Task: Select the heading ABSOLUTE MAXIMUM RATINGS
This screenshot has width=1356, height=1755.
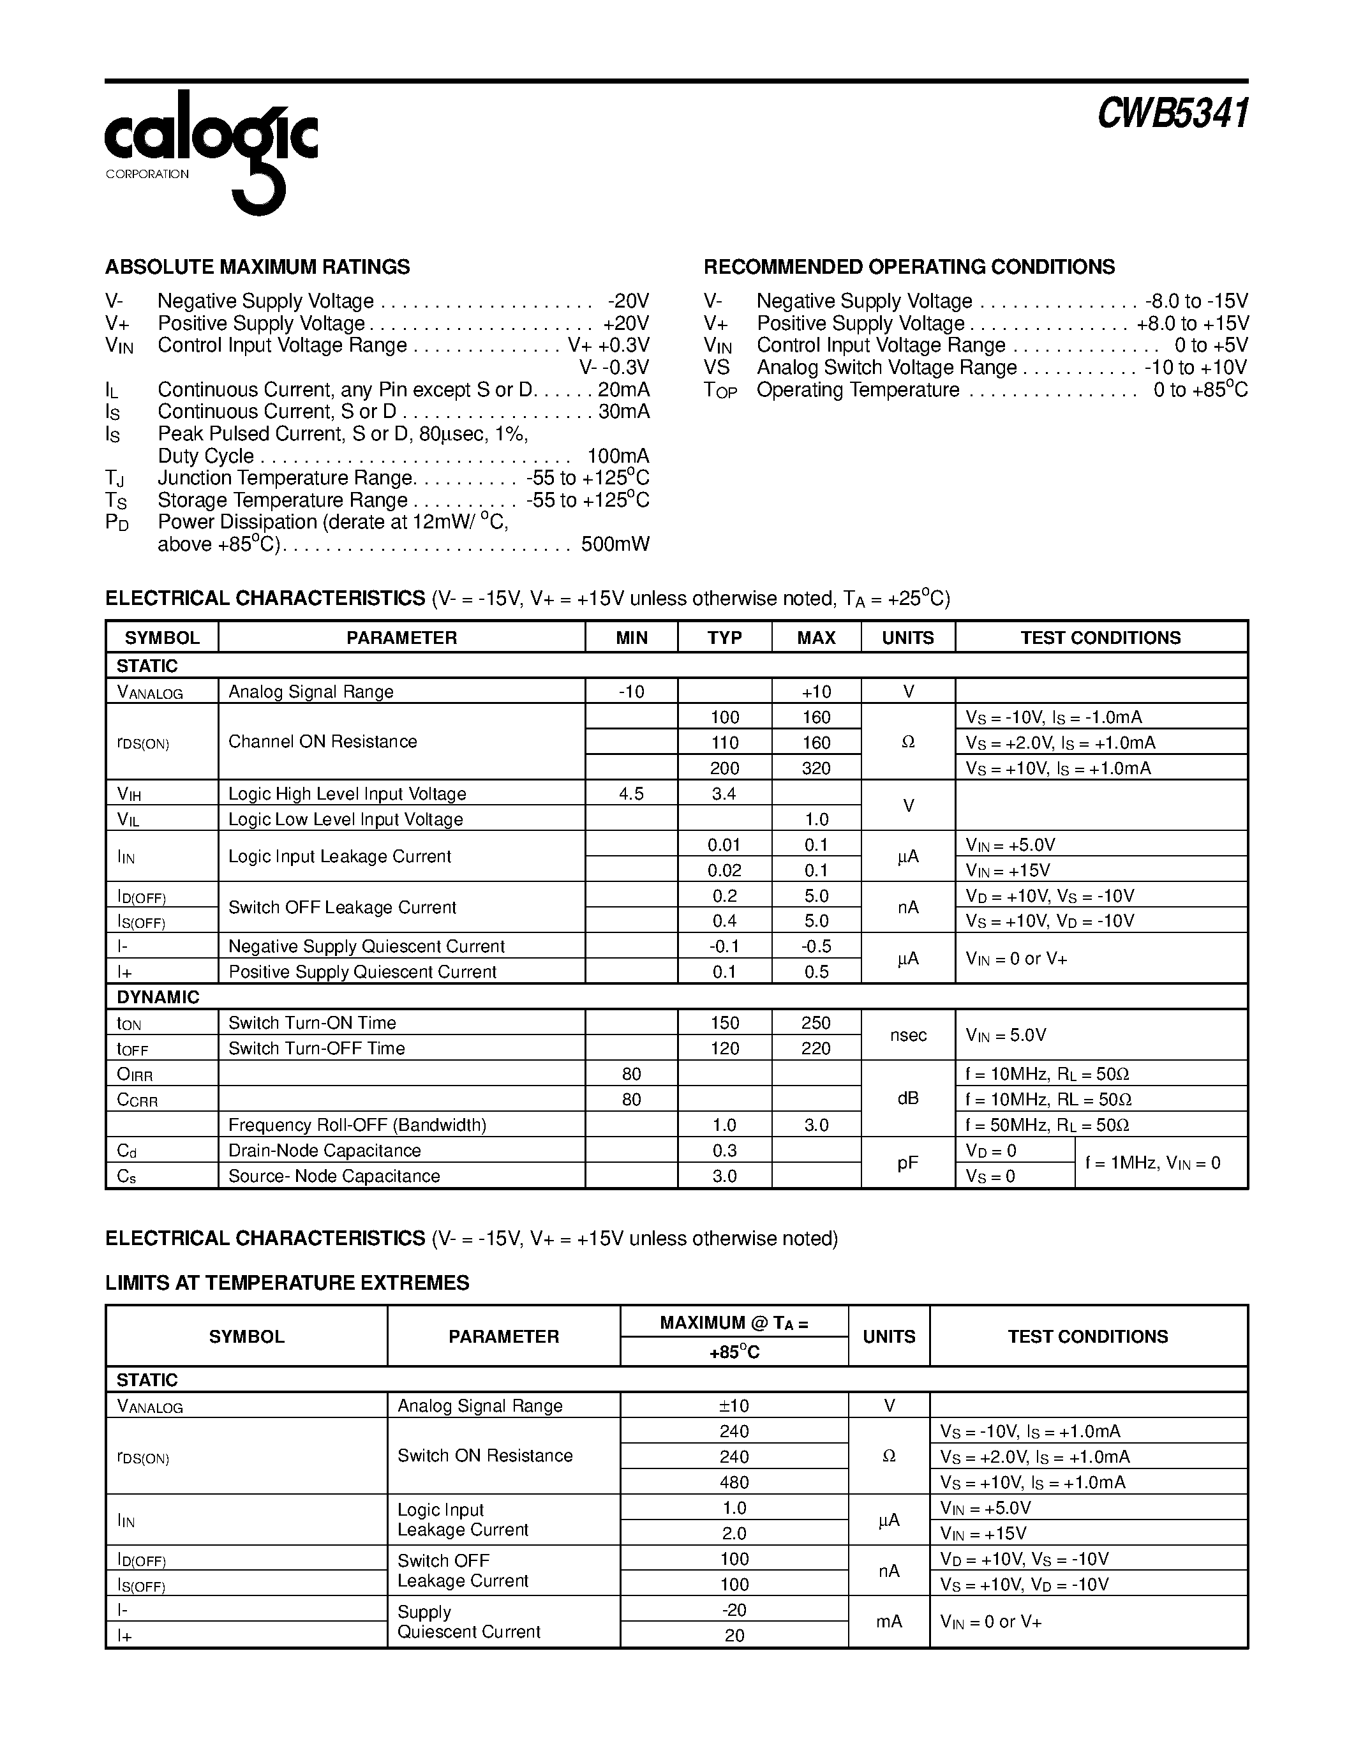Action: point(257,267)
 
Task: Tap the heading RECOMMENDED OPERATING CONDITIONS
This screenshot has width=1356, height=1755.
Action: point(909,267)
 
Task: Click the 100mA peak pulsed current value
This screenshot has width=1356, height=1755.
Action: point(618,456)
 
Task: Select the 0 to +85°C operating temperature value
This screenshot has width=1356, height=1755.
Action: point(1200,391)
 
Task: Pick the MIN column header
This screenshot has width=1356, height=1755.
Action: point(631,638)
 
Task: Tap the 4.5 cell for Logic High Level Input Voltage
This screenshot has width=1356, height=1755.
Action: point(631,794)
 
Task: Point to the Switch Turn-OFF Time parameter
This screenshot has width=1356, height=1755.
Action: point(317,1049)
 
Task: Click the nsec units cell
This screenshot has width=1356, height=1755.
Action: point(908,1036)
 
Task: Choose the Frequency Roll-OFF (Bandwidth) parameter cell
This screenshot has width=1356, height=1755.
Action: point(357,1125)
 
